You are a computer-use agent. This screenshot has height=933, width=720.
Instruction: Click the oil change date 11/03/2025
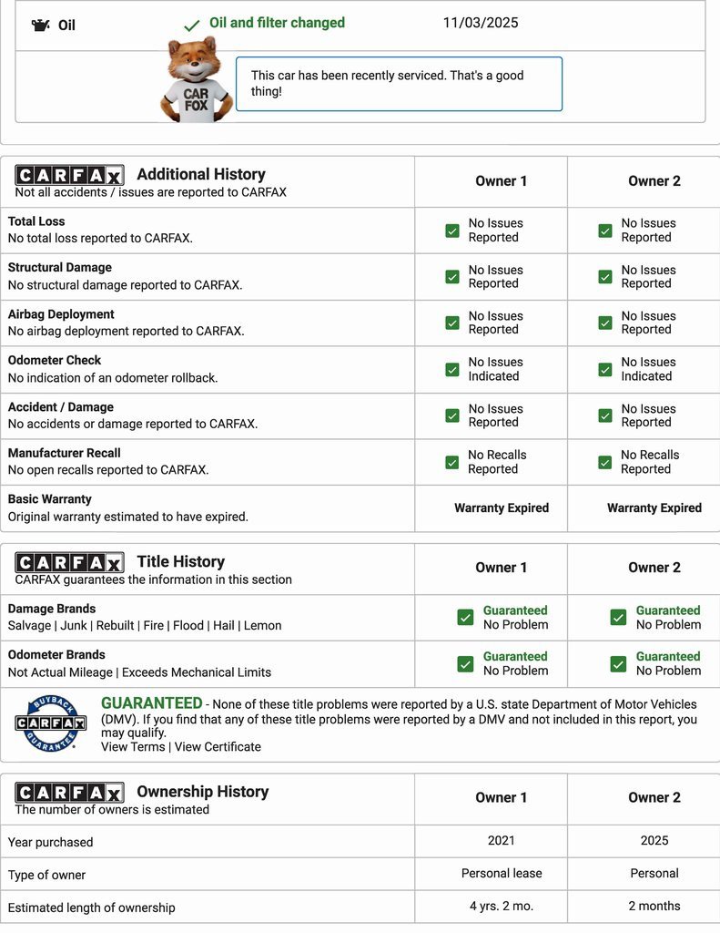[481, 23]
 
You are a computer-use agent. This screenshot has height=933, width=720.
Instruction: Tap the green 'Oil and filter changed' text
[277, 23]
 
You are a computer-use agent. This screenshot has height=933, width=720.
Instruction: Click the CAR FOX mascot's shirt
[196, 99]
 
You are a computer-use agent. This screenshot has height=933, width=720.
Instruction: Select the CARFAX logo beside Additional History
[70, 175]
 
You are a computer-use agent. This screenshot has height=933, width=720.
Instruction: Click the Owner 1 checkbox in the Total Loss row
[452, 231]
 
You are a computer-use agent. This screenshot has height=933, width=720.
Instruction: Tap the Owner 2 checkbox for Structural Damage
[605, 277]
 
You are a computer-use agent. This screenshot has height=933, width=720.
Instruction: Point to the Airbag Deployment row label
[61, 314]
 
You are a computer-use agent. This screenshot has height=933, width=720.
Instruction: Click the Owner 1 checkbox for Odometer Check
[452, 369]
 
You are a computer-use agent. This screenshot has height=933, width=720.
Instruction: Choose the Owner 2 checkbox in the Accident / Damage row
[605, 415]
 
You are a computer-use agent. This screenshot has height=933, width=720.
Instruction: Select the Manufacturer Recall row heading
[65, 453]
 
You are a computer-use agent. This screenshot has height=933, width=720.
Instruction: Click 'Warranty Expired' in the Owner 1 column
[502, 508]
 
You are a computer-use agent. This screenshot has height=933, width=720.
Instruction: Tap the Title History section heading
[180, 562]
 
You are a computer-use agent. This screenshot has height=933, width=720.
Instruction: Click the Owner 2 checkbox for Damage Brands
[618, 618]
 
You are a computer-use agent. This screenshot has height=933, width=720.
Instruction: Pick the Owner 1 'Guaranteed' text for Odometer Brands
[515, 656]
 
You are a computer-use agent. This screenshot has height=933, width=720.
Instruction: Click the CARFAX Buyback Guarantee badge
[51, 723]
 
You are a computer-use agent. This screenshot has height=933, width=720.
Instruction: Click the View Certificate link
[218, 747]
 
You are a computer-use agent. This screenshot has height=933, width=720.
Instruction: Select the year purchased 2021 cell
[501, 841]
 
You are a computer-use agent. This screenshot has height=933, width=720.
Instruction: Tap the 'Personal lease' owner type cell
[502, 873]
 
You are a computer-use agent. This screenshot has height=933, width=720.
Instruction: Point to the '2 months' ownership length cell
[654, 906]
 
